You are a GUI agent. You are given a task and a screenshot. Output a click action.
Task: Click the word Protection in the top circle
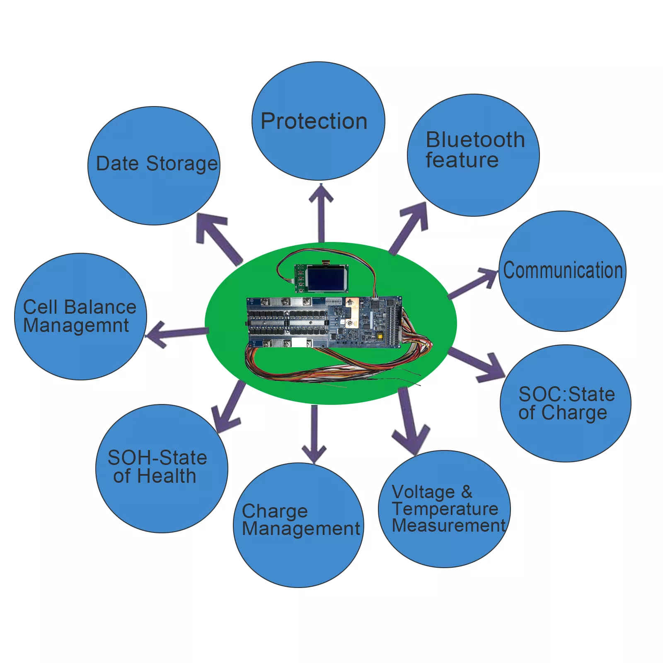click(314, 121)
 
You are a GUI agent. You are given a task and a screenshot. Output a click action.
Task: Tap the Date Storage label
click(157, 163)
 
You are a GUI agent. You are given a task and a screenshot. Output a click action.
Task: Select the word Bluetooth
click(475, 140)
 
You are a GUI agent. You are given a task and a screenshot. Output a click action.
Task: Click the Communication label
click(563, 270)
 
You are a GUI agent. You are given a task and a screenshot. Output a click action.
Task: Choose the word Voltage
click(423, 492)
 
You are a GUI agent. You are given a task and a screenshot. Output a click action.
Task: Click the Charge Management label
click(300, 520)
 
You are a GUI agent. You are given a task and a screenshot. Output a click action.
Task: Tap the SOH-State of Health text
click(157, 467)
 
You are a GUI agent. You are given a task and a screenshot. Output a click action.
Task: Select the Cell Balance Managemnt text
click(79, 316)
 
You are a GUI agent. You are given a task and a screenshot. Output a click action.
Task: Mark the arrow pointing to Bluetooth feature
click(408, 228)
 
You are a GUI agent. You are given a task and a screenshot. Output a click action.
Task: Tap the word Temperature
click(445, 508)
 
